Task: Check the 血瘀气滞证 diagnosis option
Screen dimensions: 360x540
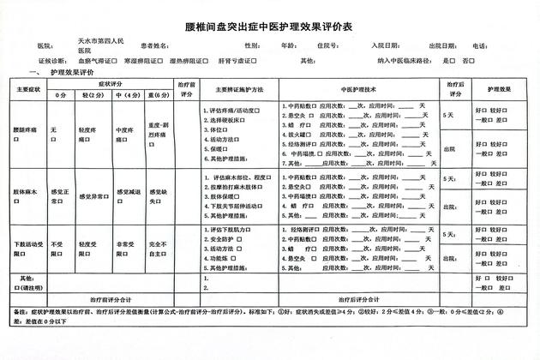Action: click(96, 62)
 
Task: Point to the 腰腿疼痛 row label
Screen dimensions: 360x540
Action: click(27, 129)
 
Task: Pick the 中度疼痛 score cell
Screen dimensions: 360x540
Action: click(129, 133)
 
